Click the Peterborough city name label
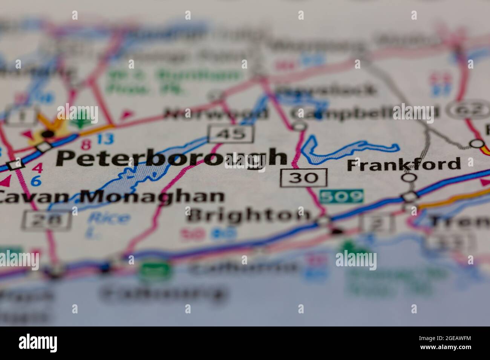click(x=171, y=158)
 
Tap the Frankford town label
click(x=403, y=165)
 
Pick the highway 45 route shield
click(x=231, y=133)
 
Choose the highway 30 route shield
click(x=304, y=177)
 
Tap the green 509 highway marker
click(x=341, y=196)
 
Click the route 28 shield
click(x=47, y=220)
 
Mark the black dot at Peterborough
click(x=48, y=134)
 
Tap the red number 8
click(x=86, y=144)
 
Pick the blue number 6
click(x=36, y=181)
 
